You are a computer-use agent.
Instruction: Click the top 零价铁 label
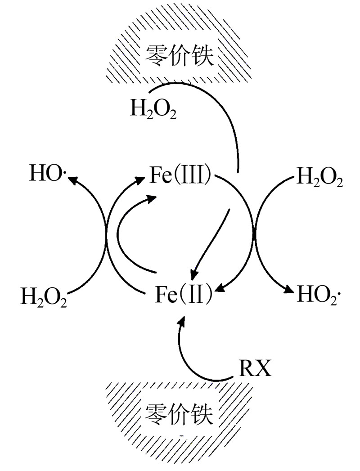pyautogui.click(x=179, y=56)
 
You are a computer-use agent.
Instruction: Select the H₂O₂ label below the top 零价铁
pyautogui.click(x=153, y=109)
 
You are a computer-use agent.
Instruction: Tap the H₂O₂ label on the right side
pyautogui.click(x=320, y=179)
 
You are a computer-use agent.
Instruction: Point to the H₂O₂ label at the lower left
pyautogui.click(x=44, y=298)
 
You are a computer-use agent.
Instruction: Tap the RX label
pyautogui.click(x=254, y=370)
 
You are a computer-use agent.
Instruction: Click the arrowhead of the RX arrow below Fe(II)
pyautogui.click(x=182, y=320)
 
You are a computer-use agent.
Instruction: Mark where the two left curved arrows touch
pyautogui.click(x=107, y=234)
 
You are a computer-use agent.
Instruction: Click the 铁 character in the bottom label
pyautogui.click(x=201, y=414)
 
